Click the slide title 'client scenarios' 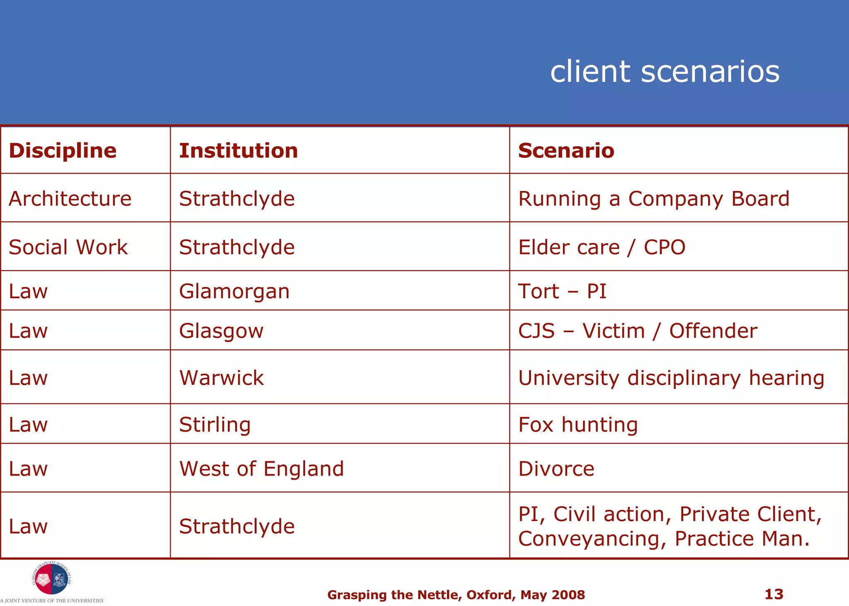(x=665, y=72)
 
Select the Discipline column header (x=63, y=150)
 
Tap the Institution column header (x=238, y=150)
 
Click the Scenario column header (x=566, y=150)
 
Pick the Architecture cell (x=70, y=198)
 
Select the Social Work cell (x=68, y=247)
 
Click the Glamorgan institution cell (x=234, y=291)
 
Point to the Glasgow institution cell (x=221, y=331)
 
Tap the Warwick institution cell (x=221, y=378)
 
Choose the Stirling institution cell (x=215, y=425)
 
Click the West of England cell (x=262, y=469)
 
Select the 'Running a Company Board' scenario (x=654, y=198)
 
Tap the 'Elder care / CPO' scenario (x=602, y=247)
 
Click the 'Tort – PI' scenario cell (x=562, y=291)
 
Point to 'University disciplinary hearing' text (x=671, y=378)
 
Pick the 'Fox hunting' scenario (x=578, y=425)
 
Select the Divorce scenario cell (x=556, y=469)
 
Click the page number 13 (x=774, y=594)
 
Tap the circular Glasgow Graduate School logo (x=51, y=579)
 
